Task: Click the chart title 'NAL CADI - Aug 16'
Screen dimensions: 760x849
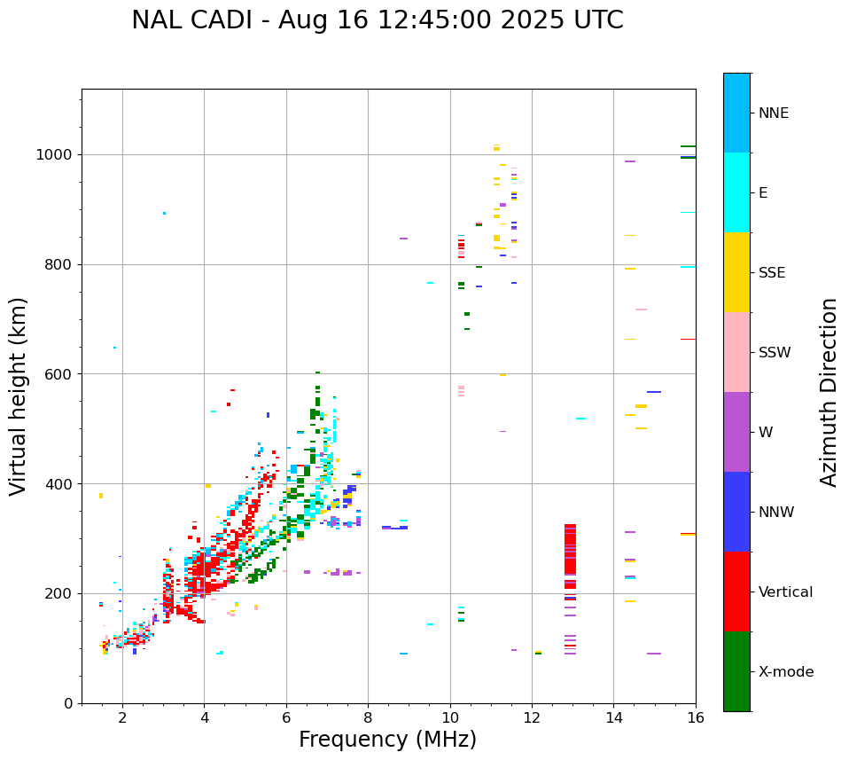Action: pos(377,20)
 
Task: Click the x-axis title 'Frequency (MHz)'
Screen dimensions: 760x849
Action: pos(387,740)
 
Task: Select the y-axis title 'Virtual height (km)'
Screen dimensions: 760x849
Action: pos(19,396)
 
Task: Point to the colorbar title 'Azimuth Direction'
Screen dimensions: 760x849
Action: pos(829,392)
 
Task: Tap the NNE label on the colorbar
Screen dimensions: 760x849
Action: pos(773,114)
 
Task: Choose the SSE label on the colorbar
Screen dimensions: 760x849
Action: pos(771,273)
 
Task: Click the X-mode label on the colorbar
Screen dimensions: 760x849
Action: pos(785,672)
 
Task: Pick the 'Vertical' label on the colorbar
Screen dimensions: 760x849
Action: pos(785,592)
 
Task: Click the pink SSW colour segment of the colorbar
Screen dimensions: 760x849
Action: pos(736,352)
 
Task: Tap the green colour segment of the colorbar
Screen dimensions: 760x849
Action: pos(736,671)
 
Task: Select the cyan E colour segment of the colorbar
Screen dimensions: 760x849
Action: pos(736,192)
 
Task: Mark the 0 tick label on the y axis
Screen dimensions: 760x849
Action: pos(68,703)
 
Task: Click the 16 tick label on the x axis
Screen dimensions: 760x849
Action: pos(695,717)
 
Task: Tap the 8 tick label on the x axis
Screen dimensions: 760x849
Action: pos(368,717)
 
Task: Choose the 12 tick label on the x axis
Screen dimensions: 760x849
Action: pos(532,717)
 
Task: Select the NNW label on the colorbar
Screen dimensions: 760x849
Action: pos(775,513)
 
